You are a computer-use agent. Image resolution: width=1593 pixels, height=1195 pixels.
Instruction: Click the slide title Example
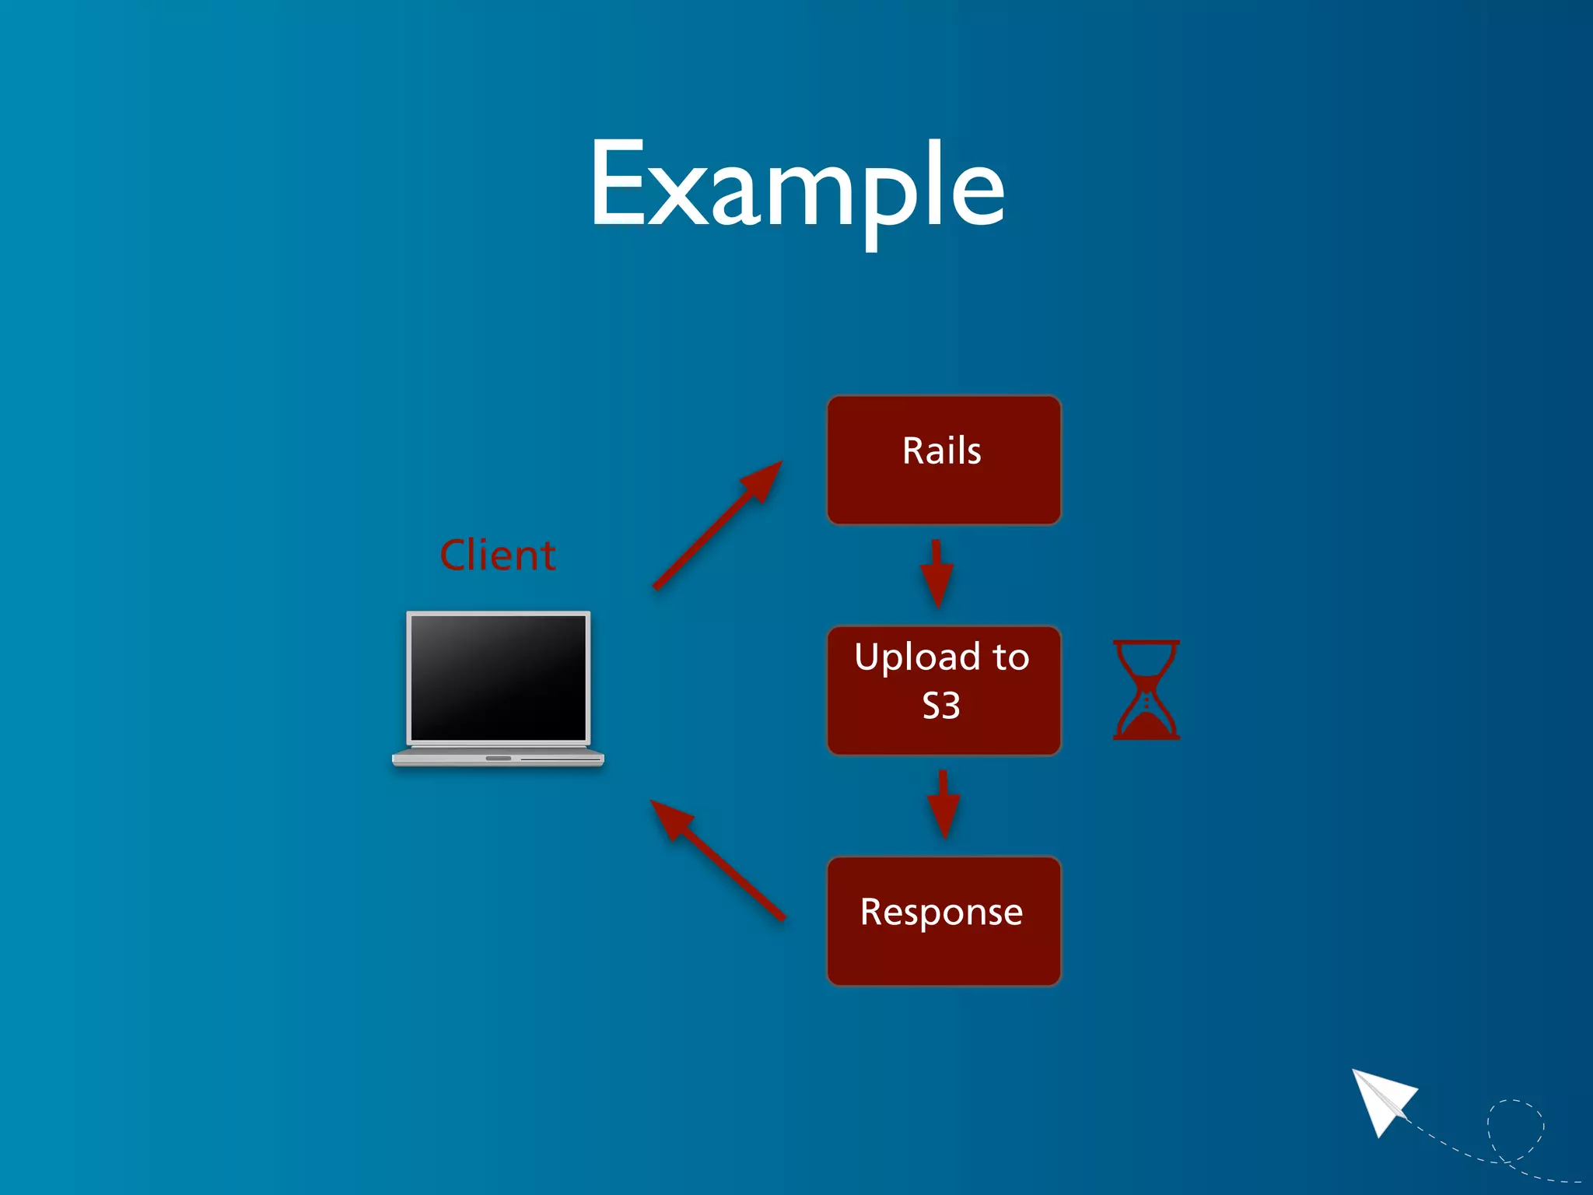(x=796, y=187)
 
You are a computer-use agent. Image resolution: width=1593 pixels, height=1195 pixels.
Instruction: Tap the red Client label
(x=498, y=555)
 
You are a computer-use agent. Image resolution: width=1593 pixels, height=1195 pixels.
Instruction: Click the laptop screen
(x=498, y=677)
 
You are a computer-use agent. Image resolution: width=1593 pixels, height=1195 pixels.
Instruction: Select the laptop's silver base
(x=498, y=758)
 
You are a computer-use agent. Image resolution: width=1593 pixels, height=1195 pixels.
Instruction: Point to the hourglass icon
(x=1146, y=689)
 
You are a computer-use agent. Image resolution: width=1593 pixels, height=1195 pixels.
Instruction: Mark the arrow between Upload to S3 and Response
(x=944, y=804)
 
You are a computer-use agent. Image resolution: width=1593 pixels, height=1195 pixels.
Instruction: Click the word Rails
(x=942, y=451)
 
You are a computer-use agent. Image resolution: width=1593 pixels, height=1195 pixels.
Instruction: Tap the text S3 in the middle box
(x=941, y=706)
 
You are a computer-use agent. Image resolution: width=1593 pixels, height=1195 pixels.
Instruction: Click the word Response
(x=941, y=912)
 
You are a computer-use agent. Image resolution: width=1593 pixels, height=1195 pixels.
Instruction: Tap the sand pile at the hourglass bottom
(x=1146, y=726)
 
